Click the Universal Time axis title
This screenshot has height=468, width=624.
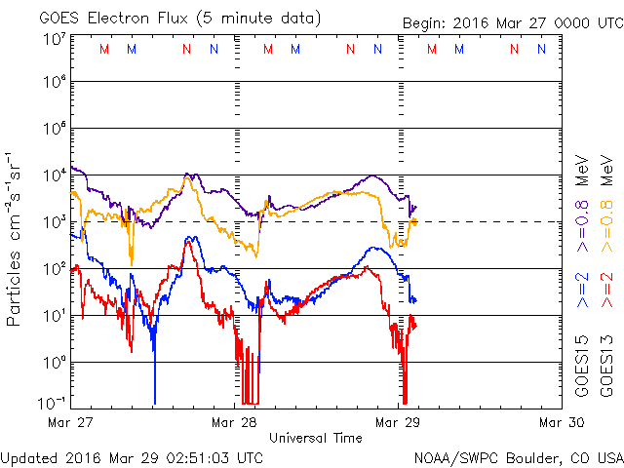pyautogui.click(x=316, y=438)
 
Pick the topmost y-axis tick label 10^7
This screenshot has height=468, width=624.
pyautogui.click(x=54, y=38)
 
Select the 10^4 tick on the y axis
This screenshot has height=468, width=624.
pyautogui.click(x=54, y=175)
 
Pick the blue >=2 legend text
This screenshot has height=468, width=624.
pyautogui.click(x=581, y=290)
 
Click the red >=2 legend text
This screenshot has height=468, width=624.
pyautogui.click(x=607, y=290)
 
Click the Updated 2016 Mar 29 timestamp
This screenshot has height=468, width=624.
pyautogui.click(x=132, y=456)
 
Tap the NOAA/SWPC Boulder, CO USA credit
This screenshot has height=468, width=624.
pyautogui.click(x=518, y=456)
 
